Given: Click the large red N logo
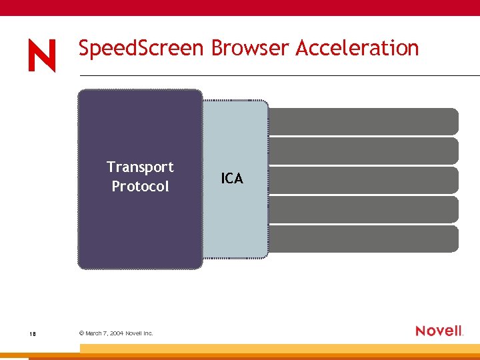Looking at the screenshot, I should (x=42, y=55).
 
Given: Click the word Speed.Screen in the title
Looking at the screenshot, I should (x=130, y=49).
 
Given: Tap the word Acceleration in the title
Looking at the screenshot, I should (x=357, y=49).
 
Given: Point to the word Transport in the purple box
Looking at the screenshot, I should (x=140, y=167).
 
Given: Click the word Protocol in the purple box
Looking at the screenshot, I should (x=140, y=187).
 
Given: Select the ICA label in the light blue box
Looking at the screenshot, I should (x=232, y=179).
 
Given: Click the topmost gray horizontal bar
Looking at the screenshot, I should (x=363, y=121).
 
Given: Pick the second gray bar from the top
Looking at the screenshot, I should (x=363, y=151).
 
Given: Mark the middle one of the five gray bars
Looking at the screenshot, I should (x=363, y=180).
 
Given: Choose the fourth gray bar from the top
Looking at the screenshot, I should (x=363, y=209).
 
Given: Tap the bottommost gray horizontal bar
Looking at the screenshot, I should (x=363, y=239).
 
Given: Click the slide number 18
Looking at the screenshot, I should (x=32, y=333).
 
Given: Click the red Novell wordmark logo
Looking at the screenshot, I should (x=439, y=331).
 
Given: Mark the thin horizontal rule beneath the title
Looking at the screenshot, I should (x=280, y=75).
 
